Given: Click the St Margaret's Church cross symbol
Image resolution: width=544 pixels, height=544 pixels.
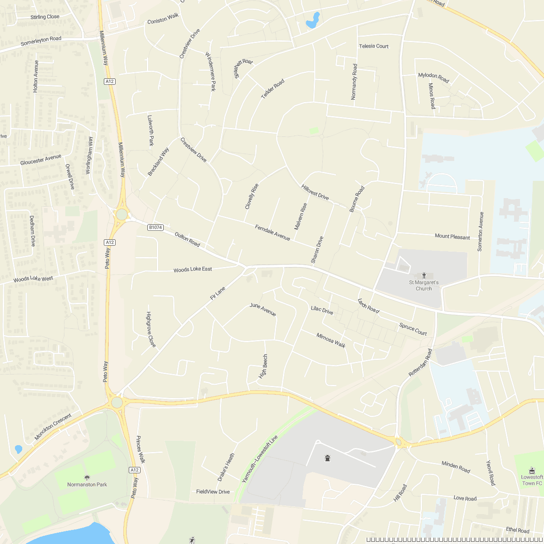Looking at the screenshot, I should tap(424, 275).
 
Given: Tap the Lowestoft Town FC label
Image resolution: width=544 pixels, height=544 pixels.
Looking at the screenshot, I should tap(532, 480).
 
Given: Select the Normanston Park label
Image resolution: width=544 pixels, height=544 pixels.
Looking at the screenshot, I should tap(87, 485).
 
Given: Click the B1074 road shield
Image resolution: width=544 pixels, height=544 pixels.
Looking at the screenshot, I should tap(155, 228).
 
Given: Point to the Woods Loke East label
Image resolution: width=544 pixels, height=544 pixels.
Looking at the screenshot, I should tap(193, 269).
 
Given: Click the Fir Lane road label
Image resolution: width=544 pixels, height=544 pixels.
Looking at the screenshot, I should tap(218, 293).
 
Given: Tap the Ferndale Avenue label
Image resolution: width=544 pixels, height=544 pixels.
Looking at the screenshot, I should tap(272, 233).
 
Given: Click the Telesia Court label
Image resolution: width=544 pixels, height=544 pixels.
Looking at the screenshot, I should tap(374, 46).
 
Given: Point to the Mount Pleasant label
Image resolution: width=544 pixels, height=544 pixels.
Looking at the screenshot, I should tap(452, 237).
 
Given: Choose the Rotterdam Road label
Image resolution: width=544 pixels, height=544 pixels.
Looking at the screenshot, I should tap(420, 363).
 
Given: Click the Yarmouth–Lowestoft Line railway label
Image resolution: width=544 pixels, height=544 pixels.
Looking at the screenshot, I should tap(260, 459).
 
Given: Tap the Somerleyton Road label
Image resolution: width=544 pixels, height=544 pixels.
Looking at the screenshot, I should tap(41, 41).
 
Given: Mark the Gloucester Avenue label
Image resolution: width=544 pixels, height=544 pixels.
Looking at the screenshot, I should tap(40, 160).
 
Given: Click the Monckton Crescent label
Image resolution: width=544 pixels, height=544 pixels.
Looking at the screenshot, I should tap(53, 427).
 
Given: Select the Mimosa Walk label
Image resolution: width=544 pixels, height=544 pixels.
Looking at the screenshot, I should tap(331, 340).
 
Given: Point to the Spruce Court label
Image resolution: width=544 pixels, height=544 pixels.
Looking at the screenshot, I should tap(413, 329).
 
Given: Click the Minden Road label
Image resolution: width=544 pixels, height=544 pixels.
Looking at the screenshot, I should tap(456, 466).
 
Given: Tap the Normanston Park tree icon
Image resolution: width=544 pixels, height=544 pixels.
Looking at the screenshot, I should tap(87, 477).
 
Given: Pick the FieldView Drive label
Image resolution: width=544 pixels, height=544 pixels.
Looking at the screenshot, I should tap(213, 492).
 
